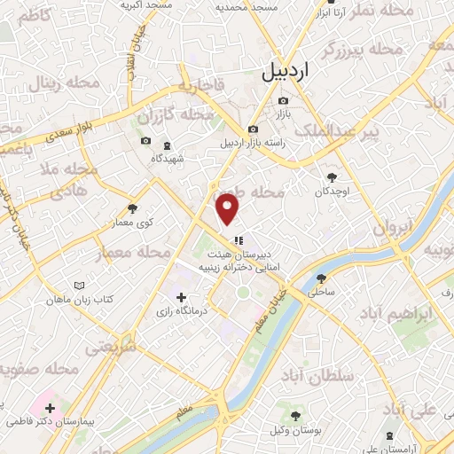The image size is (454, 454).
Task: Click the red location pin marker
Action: click(x=229, y=208)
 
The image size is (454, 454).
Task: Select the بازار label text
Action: click(x=281, y=114)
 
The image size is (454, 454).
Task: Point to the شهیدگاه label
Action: click(x=167, y=157)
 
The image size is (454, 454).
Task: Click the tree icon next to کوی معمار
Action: click(x=132, y=209)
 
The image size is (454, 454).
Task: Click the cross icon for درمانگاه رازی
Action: click(x=182, y=298)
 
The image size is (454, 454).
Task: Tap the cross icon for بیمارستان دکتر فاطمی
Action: click(x=49, y=409)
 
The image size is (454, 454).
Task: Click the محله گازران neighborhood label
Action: click(x=176, y=116)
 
